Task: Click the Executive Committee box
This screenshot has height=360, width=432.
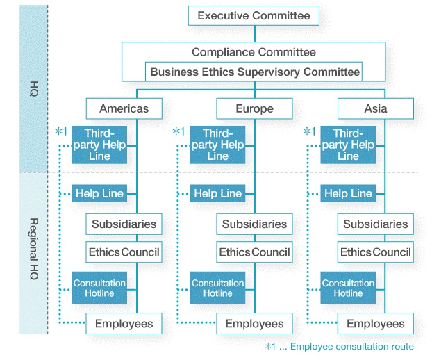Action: click(x=254, y=16)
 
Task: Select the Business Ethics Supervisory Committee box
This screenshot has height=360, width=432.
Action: click(x=254, y=72)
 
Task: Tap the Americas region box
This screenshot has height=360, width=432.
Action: click(x=124, y=108)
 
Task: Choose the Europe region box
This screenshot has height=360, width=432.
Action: click(x=254, y=108)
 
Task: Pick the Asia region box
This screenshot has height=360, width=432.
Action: click(x=376, y=108)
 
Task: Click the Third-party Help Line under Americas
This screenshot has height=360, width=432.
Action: click(x=99, y=145)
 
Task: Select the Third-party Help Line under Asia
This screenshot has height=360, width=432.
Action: click(x=348, y=145)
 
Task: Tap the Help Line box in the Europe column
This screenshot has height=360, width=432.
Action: click(x=217, y=193)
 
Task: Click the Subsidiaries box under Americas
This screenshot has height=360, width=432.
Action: click(x=124, y=224)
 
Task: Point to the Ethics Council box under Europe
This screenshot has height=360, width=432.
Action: click(x=254, y=252)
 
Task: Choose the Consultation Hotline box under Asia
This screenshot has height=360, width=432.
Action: click(x=348, y=288)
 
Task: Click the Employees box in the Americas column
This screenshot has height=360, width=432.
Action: click(x=124, y=324)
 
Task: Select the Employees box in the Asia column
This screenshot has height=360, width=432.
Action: click(x=376, y=324)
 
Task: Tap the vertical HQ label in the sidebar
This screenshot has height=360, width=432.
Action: click(x=33, y=89)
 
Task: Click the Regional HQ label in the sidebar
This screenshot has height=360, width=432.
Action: click(x=33, y=249)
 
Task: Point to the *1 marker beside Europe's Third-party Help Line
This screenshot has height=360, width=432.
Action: click(x=178, y=131)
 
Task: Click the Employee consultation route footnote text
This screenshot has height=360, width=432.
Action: click(x=352, y=347)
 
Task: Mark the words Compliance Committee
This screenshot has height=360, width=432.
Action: click(x=254, y=52)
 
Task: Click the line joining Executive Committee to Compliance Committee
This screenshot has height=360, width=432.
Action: click(x=255, y=34)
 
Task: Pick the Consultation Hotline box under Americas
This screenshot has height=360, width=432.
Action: click(x=99, y=288)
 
